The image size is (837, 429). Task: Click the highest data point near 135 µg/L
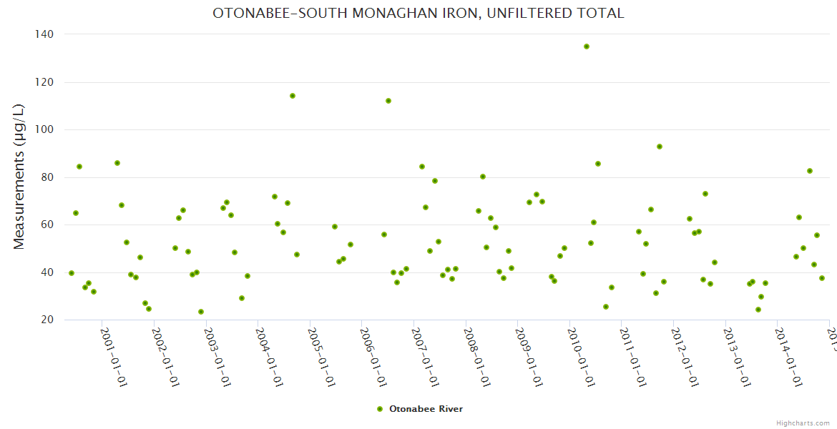click(x=587, y=46)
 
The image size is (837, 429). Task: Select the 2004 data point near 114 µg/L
click(x=293, y=96)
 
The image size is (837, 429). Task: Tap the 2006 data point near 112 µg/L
click(x=388, y=101)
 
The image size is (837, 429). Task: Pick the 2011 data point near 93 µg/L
click(x=660, y=147)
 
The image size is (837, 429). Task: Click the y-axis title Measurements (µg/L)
click(x=19, y=177)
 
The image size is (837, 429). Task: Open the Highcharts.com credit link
click(x=803, y=423)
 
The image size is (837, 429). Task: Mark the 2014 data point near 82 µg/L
click(x=810, y=171)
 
